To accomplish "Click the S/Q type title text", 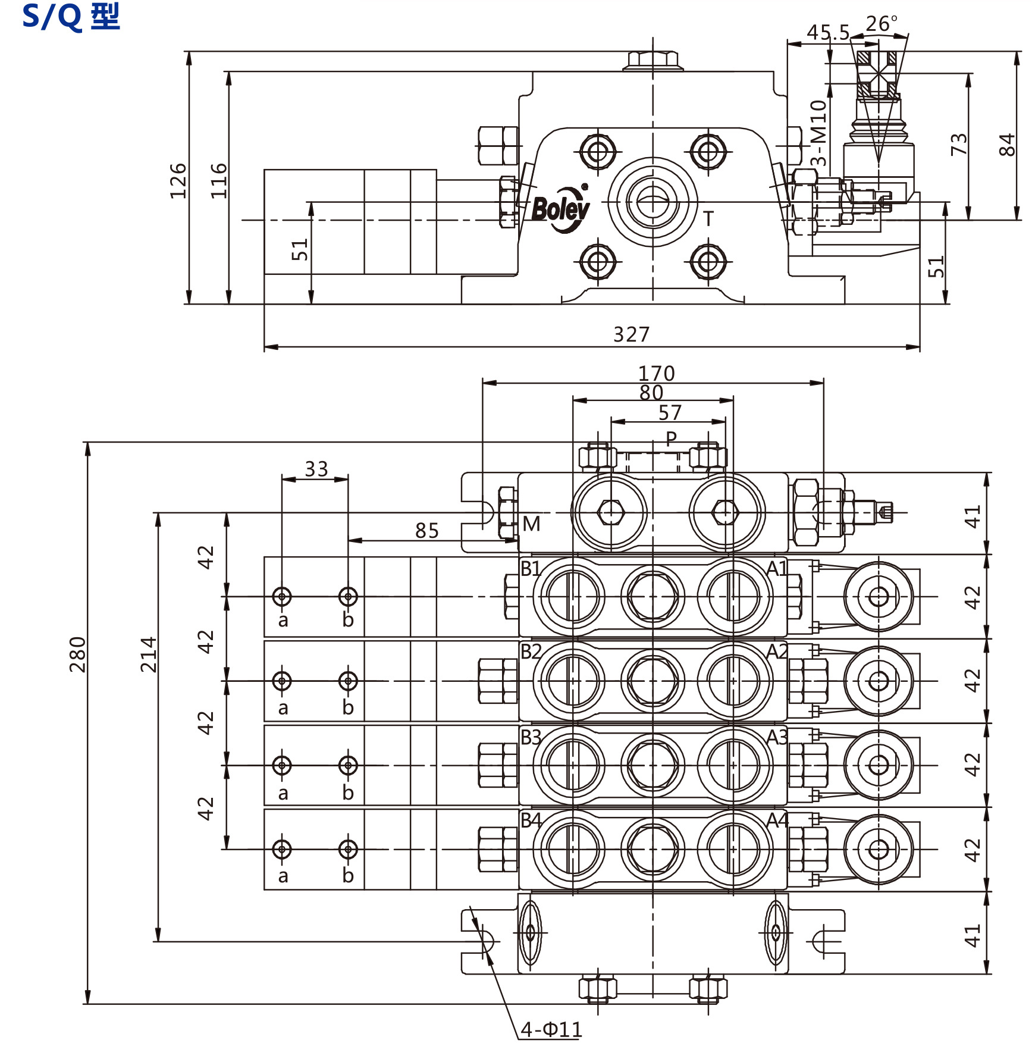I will click(x=71, y=17).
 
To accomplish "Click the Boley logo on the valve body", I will click(x=560, y=209).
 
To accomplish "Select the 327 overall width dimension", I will click(x=631, y=334).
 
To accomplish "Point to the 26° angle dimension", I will click(x=881, y=24).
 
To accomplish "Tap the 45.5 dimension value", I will click(x=828, y=32).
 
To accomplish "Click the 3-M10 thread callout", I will click(x=819, y=133).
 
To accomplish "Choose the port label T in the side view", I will click(x=708, y=219).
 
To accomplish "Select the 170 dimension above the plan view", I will click(x=656, y=373).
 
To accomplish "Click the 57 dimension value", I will click(x=670, y=412).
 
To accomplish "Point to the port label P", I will click(x=671, y=439).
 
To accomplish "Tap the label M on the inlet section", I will click(x=531, y=524).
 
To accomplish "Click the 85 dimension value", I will click(x=426, y=530).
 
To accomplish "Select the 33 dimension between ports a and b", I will click(x=316, y=469).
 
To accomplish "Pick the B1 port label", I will click(x=531, y=568).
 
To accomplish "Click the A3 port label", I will click(x=777, y=737).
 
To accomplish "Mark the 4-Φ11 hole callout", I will click(x=551, y=1029).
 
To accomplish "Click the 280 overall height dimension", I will click(x=78, y=654).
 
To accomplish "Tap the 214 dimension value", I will click(x=149, y=654).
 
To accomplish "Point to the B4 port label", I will click(x=531, y=820).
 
